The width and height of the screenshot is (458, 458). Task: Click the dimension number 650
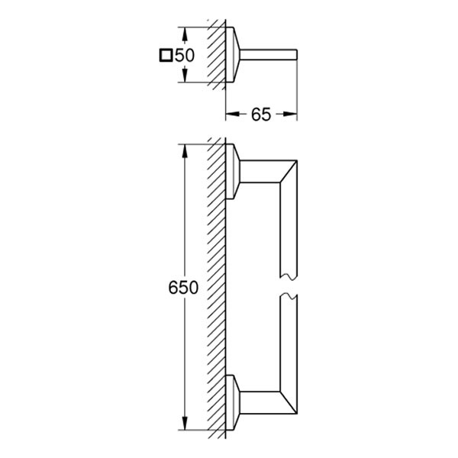tap(183, 288)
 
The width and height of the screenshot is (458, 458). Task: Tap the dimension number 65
tap(261, 114)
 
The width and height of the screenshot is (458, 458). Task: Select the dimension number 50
tap(185, 55)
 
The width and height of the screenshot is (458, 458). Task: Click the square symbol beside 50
tap(166, 55)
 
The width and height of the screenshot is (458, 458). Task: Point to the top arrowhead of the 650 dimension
tap(184, 152)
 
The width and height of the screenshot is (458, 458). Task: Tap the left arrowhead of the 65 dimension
tap(233, 114)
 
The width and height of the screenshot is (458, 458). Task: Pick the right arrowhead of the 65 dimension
tap(290, 114)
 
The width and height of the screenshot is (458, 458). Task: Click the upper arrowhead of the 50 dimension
tap(184, 34)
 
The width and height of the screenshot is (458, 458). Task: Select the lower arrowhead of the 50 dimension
tap(184, 75)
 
